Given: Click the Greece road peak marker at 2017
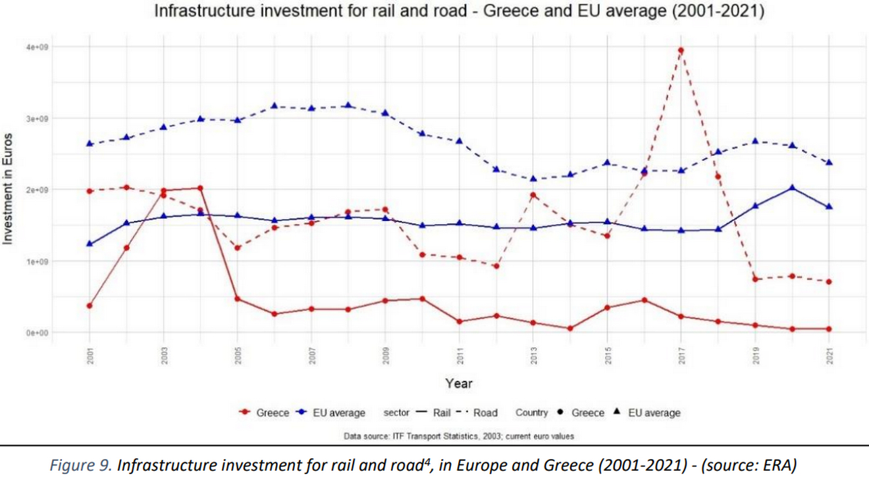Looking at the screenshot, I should tap(681, 50).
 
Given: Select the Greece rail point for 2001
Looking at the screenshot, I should tap(90, 306).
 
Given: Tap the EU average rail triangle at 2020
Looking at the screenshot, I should tap(792, 188).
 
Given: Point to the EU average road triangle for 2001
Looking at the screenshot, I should tap(90, 143).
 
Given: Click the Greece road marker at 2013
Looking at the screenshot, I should tap(533, 195).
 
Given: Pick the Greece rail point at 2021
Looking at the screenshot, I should tap(829, 329).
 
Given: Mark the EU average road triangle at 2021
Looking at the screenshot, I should tap(829, 162).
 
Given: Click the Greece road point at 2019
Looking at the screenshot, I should tap(755, 279).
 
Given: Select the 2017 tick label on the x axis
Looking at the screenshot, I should tap(682, 356).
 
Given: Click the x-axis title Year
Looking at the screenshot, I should tap(458, 383).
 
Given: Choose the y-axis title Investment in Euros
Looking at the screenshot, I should tap(9, 189).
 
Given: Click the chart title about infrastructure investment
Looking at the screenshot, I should tap(459, 12).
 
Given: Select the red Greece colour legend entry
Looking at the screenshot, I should tap(265, 413).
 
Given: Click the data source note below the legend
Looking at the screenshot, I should tap(459, 436).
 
